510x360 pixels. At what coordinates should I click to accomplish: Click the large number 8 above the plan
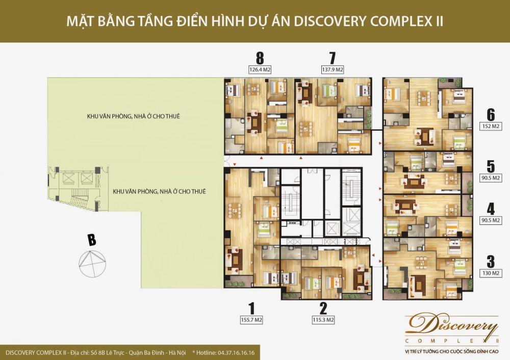(260, 58)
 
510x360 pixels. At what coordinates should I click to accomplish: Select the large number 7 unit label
(332, 58)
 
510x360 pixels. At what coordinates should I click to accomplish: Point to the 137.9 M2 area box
(333, 69)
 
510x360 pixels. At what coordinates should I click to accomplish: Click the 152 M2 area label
(491, 126)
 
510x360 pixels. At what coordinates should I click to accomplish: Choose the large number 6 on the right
(491, 114)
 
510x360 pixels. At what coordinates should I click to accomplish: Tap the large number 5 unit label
(491, 167)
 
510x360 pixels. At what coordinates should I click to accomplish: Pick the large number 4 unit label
(491, 209)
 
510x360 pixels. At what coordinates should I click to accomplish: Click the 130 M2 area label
(491, 273)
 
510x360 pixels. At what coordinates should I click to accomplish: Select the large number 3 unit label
(491, 262)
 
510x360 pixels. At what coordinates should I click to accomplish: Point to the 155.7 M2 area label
(251, 320)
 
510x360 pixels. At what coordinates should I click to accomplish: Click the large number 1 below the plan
(251, 308)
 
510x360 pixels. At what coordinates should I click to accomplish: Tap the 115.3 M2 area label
(323, 320)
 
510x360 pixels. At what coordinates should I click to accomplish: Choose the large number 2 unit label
(323, 308)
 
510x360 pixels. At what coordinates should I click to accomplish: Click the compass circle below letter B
(92, 264)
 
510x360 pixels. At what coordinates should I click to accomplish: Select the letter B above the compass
(92, 240)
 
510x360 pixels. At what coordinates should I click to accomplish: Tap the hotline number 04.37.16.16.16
(236, 352)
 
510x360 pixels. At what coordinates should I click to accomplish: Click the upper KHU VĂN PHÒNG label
(133, 116)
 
